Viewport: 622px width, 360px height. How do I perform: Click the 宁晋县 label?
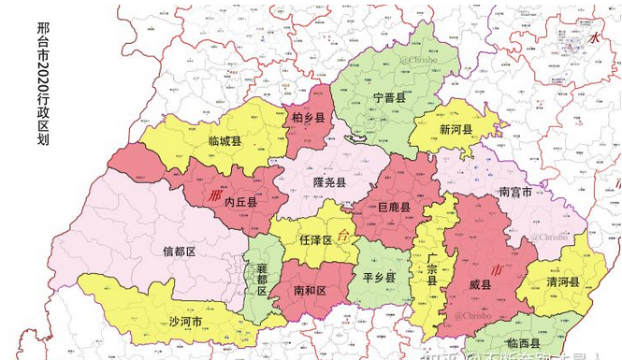389,97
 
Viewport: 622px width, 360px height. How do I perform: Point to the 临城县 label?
224,141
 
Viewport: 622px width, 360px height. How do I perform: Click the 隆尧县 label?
329,182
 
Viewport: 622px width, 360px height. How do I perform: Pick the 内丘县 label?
240,201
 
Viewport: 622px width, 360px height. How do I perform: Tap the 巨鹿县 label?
393,208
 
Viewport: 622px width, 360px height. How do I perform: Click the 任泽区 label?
316,239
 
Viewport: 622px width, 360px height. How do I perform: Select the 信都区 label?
178,252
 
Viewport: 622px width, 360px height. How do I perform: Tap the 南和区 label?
309,292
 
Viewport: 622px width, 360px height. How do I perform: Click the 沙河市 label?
185,322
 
